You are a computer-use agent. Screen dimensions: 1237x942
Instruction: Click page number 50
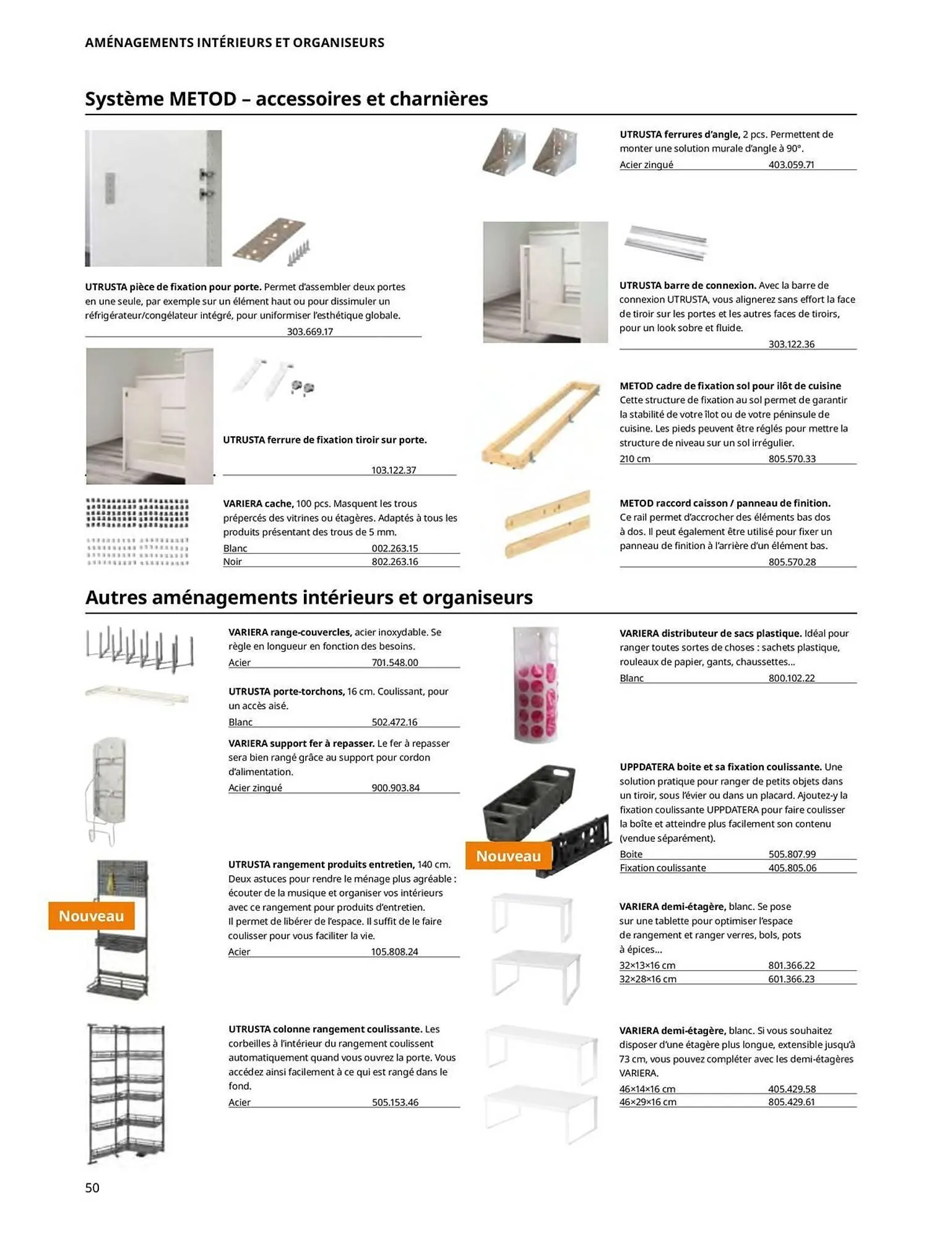[92, 1187]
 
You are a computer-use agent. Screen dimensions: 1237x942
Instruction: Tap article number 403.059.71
[791, 165]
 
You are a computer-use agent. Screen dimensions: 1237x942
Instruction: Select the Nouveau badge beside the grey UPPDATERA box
[508, 856]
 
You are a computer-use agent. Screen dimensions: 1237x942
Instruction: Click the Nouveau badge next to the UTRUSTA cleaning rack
[91, 916]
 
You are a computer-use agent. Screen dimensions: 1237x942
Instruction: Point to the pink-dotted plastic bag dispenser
[536, 684]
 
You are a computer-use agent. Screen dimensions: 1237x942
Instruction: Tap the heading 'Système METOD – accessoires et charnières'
[286, 98]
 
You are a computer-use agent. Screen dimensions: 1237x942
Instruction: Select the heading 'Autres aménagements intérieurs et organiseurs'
[309, 597]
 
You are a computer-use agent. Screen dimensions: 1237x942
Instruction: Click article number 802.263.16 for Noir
[394, 562]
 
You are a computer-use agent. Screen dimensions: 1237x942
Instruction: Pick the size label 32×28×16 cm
[647, 979]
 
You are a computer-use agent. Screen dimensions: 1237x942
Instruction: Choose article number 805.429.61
[791, 1102]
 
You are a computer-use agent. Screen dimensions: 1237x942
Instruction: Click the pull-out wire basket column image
[127, 1094]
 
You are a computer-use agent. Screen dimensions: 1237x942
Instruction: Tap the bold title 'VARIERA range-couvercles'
[290, 632]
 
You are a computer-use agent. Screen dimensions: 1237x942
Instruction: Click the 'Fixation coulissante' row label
[662, 868]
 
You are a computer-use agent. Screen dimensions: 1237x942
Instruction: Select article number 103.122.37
[393, 470]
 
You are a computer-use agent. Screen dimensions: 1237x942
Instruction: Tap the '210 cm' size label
[635, 459]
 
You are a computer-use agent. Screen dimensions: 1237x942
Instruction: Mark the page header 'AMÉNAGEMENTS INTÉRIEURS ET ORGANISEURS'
[235, 43]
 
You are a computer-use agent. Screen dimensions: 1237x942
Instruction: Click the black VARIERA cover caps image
[137, 513]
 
